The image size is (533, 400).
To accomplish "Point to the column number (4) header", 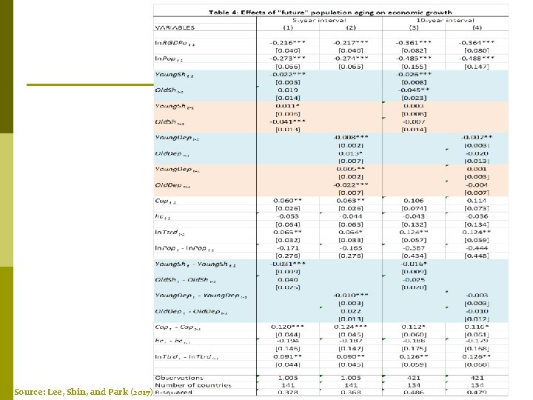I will pyautogui.click(x=477, y=27).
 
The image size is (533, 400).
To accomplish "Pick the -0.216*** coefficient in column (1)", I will pyautogui.click(x=288, y=42).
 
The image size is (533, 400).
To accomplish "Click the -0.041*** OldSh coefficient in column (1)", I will pyautogui.click(x=288, y=122).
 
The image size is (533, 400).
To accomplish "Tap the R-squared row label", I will pyautogui.click(x=175, y=393).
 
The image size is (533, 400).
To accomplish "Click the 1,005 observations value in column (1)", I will pyautogui.click(x=288, y=378).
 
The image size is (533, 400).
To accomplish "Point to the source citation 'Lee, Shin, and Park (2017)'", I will pyautogui.click(x=82, y=391).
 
